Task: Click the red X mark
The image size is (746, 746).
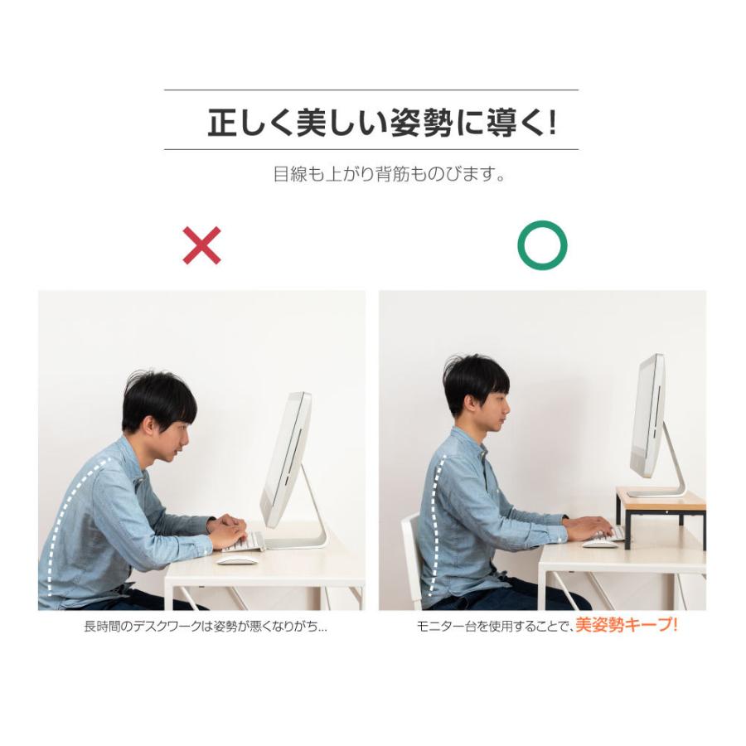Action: click(x=202, y=245)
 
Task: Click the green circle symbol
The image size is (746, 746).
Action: click(x=542, y=245)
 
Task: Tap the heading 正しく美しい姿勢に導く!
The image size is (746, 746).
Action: click(x=382, y=124)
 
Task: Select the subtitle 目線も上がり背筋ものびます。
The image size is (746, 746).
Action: click(x=390, y=175)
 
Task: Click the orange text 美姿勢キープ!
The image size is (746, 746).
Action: click(x=627, y=626)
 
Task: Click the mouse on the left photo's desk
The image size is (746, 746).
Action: click(x=237, y=560)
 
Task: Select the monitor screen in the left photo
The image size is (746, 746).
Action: click(x=286, y=460)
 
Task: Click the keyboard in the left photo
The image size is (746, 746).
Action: click(x=245, y=543)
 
